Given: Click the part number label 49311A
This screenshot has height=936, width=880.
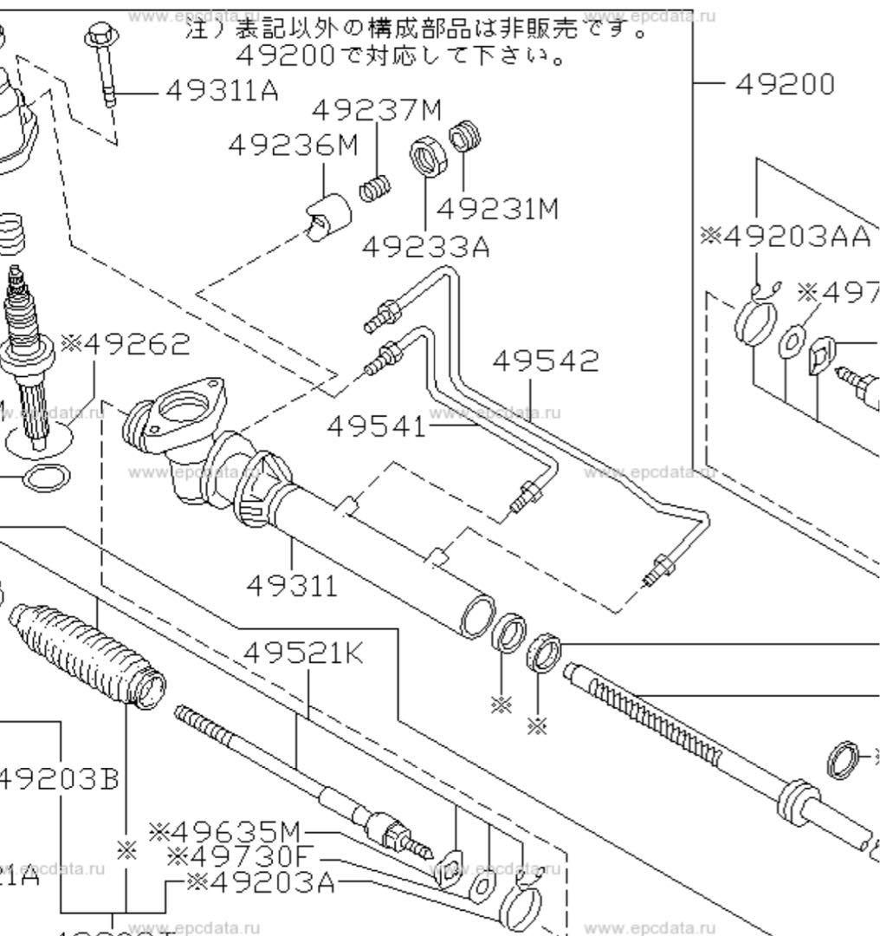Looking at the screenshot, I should point(221,89).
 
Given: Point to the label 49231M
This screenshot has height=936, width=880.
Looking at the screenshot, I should point(497,209).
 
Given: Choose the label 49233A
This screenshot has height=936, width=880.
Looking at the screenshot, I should point(424,247).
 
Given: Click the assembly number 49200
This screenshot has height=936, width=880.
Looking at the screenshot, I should point(785,84).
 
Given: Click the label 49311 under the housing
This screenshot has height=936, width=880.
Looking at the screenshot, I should point(291,586).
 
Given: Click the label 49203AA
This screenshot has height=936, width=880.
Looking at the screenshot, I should point(785,236).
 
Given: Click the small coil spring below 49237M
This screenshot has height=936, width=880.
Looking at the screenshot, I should point(374,187).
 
